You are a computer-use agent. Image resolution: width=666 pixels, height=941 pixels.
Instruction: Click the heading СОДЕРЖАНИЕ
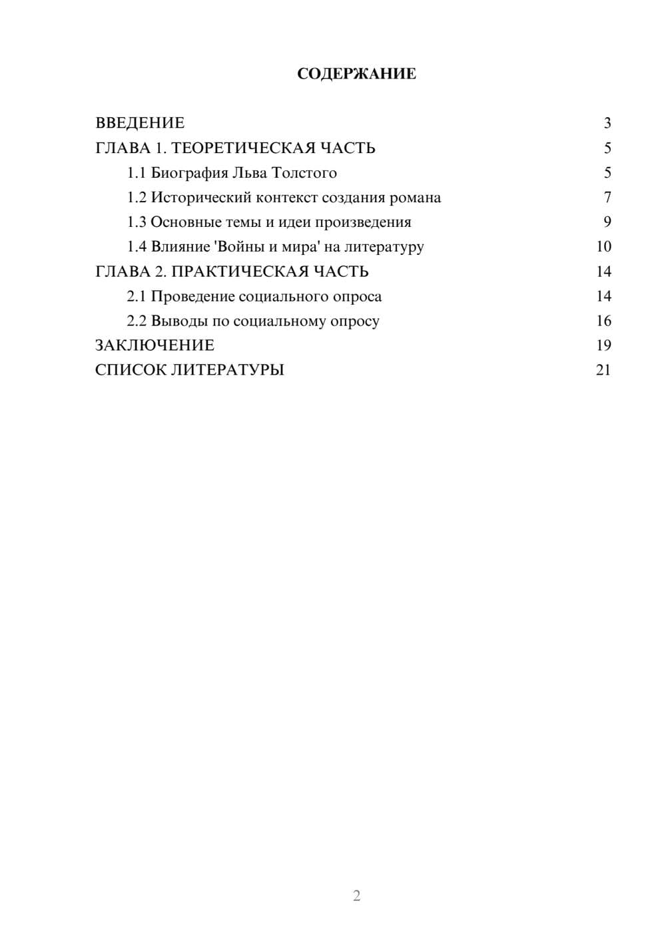[356, 74]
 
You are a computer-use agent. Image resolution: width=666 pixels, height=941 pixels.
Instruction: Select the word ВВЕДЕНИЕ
[140, 123]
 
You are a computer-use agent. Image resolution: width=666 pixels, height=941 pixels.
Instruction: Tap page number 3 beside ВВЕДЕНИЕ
[607, 123]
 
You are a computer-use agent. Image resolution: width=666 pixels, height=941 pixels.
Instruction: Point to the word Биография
[188, 173]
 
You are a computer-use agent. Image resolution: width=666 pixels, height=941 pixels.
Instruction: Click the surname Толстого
[304, 173]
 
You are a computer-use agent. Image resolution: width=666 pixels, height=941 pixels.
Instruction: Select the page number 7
[607, 198]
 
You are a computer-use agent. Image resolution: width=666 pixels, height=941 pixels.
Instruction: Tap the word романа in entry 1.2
[415, 198]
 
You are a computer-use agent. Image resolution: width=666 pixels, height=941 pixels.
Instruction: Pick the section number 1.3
[137, 222]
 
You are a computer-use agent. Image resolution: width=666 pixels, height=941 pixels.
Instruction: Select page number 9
[607, 222]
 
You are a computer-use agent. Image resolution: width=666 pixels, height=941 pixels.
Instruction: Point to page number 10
[603, 247]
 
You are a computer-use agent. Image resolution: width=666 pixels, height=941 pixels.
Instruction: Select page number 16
[603, 321]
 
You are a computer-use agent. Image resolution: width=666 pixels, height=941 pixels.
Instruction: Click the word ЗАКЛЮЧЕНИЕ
[155, 345]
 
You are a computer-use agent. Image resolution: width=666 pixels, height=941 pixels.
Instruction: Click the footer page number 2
[356, 896]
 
